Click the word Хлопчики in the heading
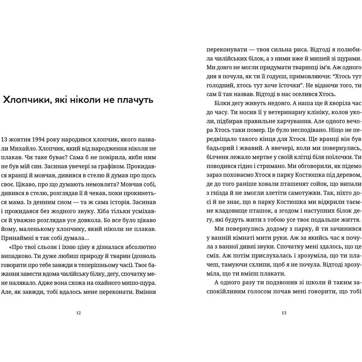(x=26, y=100)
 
